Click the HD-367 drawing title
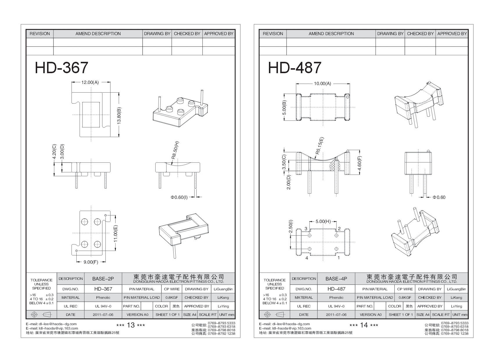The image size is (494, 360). [x=61, y=68]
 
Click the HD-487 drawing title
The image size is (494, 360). [x=294, y=68]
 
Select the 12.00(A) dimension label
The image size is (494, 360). [x=90, y=82]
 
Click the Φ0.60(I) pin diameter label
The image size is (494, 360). [x=179, y=197]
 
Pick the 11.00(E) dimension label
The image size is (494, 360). [x=116, y=234]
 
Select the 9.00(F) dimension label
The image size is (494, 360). [x=91, y=262]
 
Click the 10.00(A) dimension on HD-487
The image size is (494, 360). [x=322, y=84]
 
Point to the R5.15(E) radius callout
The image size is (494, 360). [x=319, y=146]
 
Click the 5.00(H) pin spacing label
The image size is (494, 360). [x=323, y=222]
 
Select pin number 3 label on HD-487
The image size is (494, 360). [x=306, y=229]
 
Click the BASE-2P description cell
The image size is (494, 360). [x=103, y=279]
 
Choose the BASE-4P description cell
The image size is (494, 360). [x=336, y=279]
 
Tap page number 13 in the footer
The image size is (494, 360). [x=131, y=325]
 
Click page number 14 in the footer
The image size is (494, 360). [x=364, y=325]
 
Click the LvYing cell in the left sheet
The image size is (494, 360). [x=223, y=306]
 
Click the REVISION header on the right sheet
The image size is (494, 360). [x=273, y=34]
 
